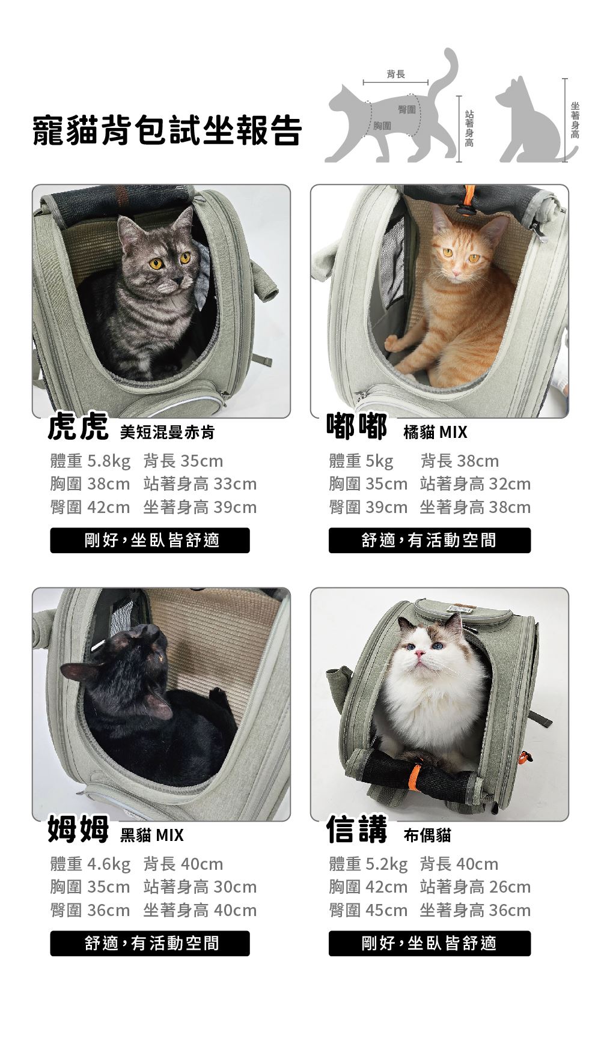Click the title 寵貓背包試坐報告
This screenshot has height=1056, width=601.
(166, 130)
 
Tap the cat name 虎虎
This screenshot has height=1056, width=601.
(78, 427)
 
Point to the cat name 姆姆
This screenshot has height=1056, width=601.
(78, 830)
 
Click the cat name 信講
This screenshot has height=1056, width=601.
(357, 829)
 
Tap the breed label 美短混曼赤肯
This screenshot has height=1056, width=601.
(167, 432)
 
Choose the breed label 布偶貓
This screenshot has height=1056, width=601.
(427, 835)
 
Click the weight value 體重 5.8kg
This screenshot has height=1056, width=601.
(90, 461)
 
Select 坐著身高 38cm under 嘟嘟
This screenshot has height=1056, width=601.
(475, 508)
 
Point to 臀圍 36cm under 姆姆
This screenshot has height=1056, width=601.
(90, 911)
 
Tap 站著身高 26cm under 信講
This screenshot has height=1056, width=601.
(475, 887)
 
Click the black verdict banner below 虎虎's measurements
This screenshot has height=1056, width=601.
(150, 540)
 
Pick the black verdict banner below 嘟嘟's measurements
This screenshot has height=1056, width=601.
(430, 540)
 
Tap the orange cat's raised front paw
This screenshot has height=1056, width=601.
(392, 343)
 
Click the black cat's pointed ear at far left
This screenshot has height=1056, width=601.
(75, 672)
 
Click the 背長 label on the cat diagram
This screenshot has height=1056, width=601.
(395, 74)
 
